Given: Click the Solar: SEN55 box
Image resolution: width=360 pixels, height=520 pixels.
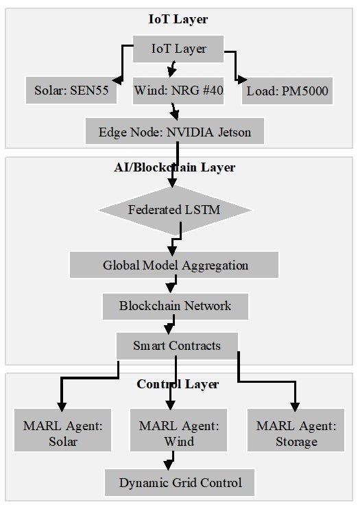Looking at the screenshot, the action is pos(71,90).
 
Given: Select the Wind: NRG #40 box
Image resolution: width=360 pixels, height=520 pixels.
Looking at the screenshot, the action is pos(178,91).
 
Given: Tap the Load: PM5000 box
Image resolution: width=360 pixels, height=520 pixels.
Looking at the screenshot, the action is pos(287,91).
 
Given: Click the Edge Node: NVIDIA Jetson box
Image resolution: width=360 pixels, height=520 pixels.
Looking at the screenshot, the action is pos(175,131).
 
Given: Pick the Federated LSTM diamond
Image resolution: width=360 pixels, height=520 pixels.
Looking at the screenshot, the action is pos(174,210).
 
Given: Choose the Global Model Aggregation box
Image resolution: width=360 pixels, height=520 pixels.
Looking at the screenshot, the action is pos(174,265).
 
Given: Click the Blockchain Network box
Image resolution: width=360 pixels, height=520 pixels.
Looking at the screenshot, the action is pos(176,307).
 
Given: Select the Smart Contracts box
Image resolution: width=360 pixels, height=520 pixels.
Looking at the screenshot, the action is pos(177,346).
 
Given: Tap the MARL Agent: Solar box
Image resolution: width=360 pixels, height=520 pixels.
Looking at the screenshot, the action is pos(62,430).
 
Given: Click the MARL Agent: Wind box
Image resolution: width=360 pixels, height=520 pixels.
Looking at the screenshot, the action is pos(179,430).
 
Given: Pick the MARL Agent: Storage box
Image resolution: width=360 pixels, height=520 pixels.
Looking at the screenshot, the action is pos(296,430).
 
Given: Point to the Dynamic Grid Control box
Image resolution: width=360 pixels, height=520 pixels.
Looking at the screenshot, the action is pos(180,482).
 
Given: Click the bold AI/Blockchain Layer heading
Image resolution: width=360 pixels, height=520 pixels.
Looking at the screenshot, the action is pos(175,167).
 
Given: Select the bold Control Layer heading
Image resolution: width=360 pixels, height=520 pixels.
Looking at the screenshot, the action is pos(178,384).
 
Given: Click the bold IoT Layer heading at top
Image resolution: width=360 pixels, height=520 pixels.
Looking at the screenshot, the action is pos(178,19).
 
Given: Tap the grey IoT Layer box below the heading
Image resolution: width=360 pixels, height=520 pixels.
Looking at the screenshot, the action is pos(178,49).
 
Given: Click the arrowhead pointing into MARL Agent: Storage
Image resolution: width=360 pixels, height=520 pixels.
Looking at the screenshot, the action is pos(295,407).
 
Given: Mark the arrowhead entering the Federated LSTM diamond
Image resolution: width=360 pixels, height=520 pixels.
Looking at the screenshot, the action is pos(172,182).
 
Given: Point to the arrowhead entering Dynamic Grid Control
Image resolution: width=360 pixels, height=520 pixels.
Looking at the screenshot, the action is pos(169,465).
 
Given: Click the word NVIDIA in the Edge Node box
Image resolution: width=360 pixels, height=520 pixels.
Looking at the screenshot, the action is pos(190,132).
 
